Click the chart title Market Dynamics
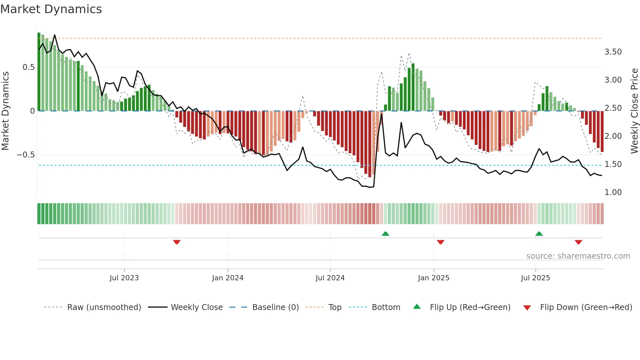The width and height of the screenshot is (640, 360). [x=51, y=9]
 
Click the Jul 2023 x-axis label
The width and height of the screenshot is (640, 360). [x=124, y=278]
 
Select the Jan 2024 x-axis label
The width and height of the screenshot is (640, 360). [x=228, y=278]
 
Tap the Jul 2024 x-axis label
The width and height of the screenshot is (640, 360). [x=330, y=278]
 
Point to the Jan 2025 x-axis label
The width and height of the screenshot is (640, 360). [x=433, y=278]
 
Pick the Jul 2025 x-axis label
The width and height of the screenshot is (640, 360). [x=535, y=278]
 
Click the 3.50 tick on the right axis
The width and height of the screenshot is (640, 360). [x=613, y=52]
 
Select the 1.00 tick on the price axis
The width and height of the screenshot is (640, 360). [x=613, y=192]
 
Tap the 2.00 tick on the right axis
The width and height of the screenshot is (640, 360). [x=613, y=136]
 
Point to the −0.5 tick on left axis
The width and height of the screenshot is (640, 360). [x=26, y=155]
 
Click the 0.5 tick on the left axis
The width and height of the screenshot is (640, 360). [x=28, y=67]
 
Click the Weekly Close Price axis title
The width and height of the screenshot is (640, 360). [x=634, y=111]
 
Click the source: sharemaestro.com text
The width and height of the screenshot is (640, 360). [x=578, y=256]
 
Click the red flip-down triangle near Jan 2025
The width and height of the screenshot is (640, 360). [x=440, y=242]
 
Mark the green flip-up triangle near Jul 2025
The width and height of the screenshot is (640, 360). [x=539, y=234]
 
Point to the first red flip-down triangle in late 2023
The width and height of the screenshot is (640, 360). [x=177, y=242]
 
